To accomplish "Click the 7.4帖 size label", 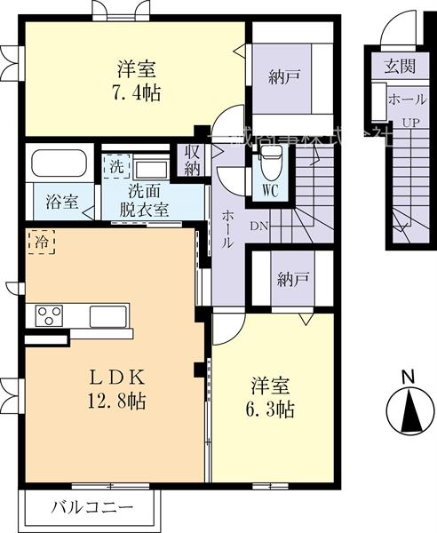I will pos(138,91).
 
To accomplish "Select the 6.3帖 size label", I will pos(272,410).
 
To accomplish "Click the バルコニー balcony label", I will pos(91,509).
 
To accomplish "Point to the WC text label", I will pos(270,188).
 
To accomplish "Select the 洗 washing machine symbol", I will pos(116,166).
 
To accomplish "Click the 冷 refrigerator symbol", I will pos(39,239).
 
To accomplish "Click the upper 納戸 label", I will pos(283,77).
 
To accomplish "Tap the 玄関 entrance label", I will pos(400,65).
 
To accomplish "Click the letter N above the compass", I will pos(407,376).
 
